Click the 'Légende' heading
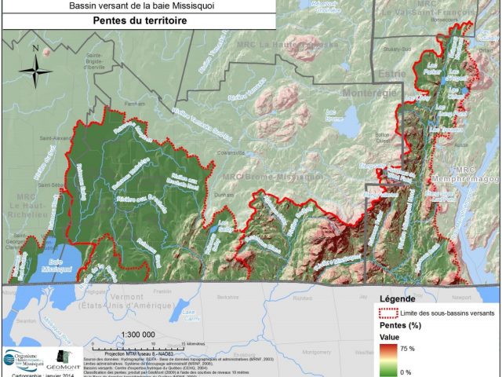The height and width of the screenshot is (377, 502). [398, 300]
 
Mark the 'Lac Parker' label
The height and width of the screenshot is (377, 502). [432, 67]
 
